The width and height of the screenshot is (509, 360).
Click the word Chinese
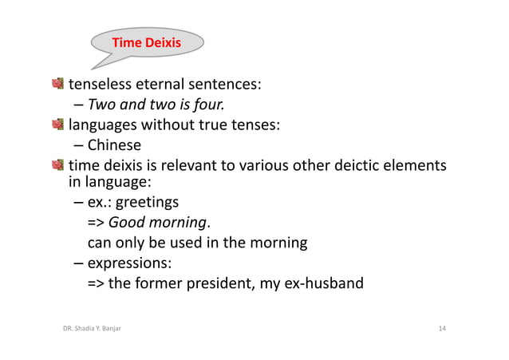[114, 145]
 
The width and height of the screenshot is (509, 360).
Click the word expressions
[128, 262]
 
